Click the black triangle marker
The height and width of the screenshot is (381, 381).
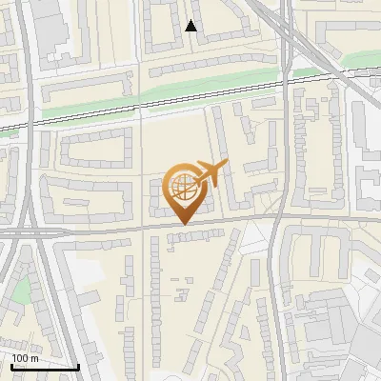pos(191,26)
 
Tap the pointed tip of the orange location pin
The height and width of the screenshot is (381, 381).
pos(183,225)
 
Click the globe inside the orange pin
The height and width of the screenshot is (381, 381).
pos(183,188)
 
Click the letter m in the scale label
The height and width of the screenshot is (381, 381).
pos(34,358)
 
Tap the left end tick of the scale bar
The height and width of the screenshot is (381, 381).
pos(12,365)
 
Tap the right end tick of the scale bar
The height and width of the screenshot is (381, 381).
pos(78,365)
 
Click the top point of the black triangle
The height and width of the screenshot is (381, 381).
pos(191,20)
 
